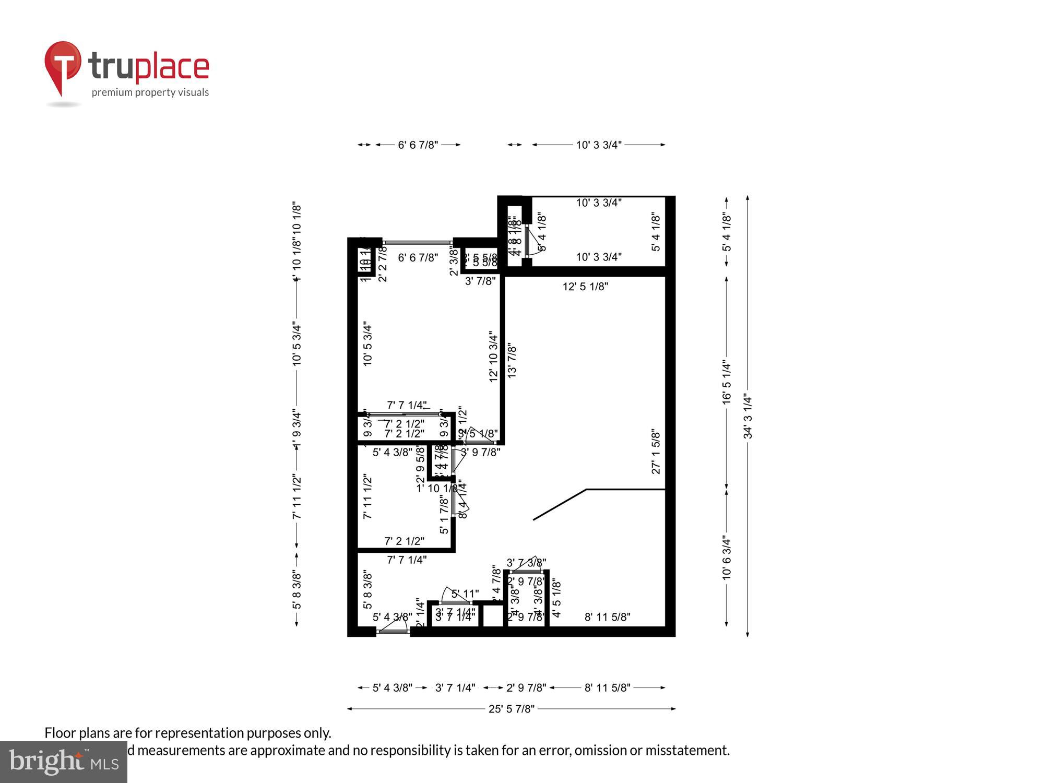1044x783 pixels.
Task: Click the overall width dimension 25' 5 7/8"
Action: (511, 709)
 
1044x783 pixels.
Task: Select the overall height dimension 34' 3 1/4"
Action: (748, 417)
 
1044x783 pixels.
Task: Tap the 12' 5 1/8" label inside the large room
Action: (585, 287)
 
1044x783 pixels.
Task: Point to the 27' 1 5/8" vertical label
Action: (656, 452)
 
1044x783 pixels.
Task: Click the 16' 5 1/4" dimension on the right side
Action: (727, 382)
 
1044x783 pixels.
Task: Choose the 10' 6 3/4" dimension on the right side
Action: (727, 557)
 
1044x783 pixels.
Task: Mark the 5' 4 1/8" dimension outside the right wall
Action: (727, 231)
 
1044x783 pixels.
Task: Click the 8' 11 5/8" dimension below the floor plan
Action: (607, 688)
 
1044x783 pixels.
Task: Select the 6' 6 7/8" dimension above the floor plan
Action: (418, 145)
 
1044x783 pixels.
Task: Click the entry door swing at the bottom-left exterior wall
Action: (395, 627)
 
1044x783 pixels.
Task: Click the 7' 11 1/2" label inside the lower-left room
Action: (367, 496)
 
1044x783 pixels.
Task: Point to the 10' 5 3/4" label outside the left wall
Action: (297, 344)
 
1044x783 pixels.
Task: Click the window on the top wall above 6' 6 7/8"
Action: (418, 242)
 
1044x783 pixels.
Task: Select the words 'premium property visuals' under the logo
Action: (150, 93)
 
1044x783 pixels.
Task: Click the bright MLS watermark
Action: (63, 762)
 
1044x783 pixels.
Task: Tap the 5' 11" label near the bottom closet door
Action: (465, 594)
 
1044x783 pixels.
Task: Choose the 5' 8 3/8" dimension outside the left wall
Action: (297, 589)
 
